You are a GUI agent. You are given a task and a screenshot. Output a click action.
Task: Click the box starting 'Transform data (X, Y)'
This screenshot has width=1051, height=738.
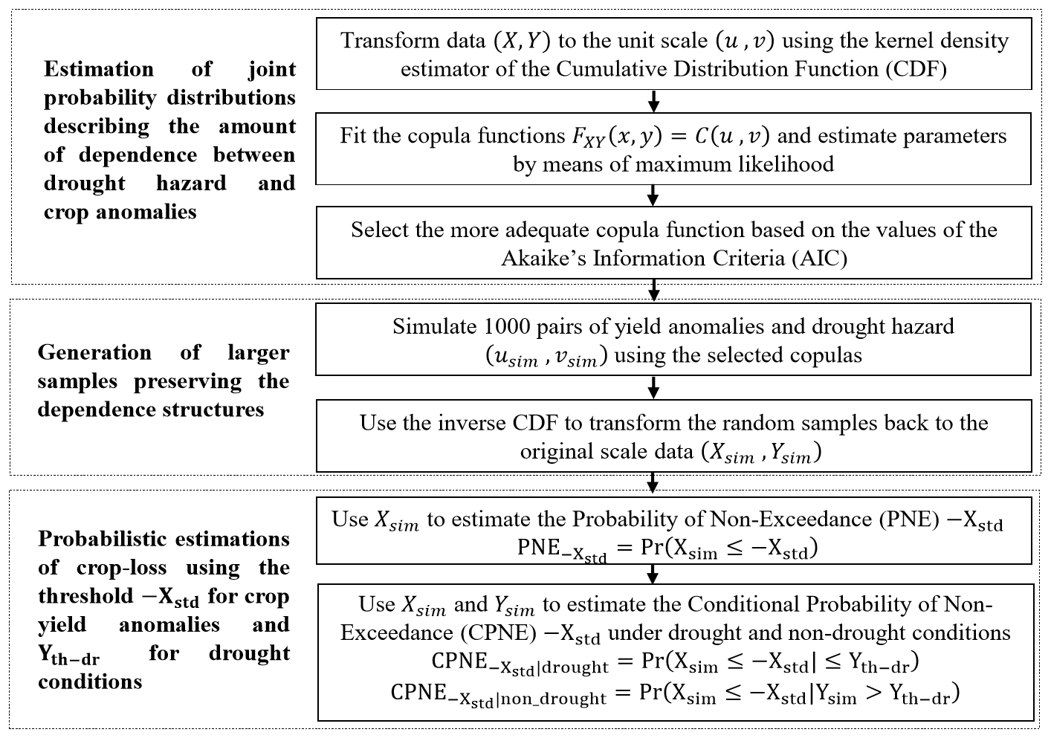[x=673, y=54]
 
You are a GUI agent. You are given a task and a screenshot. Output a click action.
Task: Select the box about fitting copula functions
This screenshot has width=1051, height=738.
[x=673, y=149]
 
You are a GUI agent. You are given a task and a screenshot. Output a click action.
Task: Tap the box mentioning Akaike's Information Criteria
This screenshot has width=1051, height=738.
[x=673, y=243]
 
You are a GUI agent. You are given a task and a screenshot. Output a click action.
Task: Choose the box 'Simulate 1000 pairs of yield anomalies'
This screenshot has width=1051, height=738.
[x=673, y=340]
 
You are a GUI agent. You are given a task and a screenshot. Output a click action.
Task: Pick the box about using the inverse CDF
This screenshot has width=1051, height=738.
[x=673, y=436]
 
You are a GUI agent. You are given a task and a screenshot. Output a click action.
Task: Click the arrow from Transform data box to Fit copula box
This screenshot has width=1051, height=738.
[x=653, y=101]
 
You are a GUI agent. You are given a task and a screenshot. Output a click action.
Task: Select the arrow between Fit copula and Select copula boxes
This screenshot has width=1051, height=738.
[x=653, y=195]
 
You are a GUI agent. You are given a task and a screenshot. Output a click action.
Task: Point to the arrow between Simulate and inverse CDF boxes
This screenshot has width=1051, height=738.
[x=653, y=387]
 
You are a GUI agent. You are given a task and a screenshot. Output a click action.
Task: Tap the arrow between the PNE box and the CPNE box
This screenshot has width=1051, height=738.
[x=653, y=574]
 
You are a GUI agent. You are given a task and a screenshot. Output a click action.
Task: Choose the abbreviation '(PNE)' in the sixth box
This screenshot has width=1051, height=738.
[x=911, y=519]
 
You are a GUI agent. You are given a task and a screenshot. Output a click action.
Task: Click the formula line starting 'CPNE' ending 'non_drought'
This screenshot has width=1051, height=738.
[x=675, y=694]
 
